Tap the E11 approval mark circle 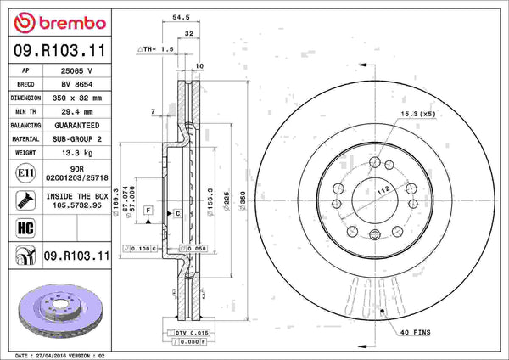pos(25,175)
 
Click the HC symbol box pos(25,228)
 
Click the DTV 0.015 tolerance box pos(190,331)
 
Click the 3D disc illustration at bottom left pos(59,308)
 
